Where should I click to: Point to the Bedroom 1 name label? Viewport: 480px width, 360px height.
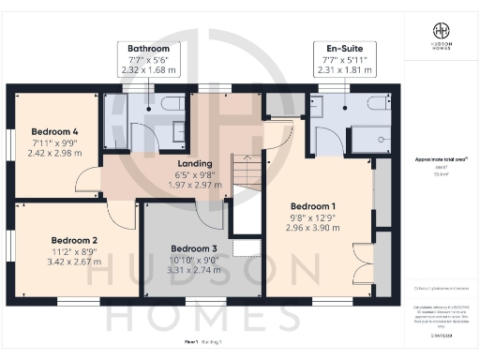[314, 205]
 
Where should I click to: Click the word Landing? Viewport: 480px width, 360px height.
[193, 163]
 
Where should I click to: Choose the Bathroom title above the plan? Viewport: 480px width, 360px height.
[149, 48]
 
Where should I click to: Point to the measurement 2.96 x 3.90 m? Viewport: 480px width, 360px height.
[314, 227]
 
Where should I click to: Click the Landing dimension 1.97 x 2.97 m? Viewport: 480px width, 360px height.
[193, 185]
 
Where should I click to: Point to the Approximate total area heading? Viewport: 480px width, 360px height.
[440, 160]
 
